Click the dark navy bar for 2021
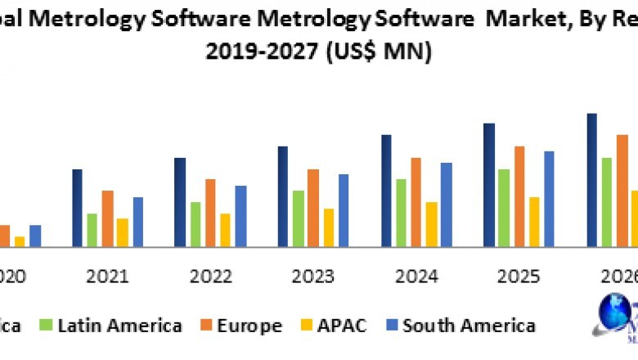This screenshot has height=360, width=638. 77,208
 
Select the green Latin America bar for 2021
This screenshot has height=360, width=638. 92,230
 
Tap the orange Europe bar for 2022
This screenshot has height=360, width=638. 210,213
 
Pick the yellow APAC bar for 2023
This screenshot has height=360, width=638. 329,227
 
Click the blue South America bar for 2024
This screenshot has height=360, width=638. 446,205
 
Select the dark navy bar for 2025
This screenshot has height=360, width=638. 489,185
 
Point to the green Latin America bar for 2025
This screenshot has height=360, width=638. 504,208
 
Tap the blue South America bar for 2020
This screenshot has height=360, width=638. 35,236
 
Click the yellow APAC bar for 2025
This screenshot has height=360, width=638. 534,222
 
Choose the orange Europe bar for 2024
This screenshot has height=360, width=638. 416,202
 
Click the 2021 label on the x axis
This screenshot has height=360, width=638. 107,277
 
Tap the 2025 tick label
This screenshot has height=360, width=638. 519,277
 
